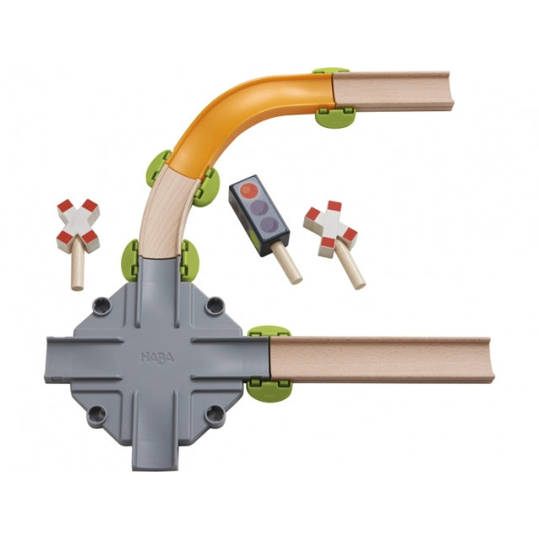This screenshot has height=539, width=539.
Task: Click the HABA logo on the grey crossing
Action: [x=157, y=357]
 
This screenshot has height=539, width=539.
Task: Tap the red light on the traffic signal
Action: [x=248, y=190]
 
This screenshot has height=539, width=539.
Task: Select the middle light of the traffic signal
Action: [x=258, y=208]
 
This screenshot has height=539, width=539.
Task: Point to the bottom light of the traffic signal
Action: [x=268, y=224]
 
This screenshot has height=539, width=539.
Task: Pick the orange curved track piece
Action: [x=247, y=117]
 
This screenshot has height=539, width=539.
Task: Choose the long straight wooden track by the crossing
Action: [x=382, y=360]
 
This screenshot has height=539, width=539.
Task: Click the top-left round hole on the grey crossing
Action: [x=102, y=305]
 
